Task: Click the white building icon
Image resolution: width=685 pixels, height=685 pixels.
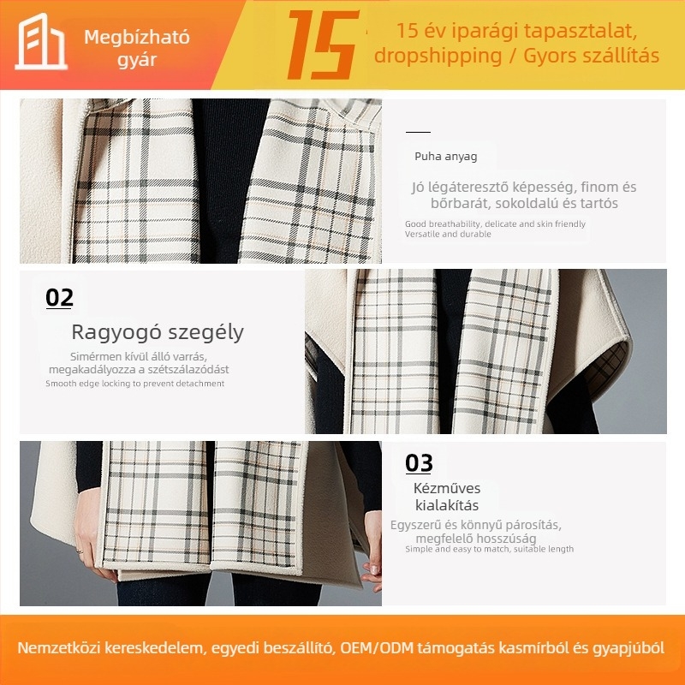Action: click(x=41, y=41)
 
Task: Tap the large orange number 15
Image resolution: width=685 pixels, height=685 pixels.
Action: click(x=323, y=45)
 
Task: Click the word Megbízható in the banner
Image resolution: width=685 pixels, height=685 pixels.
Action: click(x=137, y=38)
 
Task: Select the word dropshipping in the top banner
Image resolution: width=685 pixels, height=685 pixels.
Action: click(x=438, y=57)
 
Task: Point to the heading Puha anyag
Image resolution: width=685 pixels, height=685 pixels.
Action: click(x=445, y=157)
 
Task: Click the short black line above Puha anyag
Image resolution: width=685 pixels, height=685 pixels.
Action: click(x=418, y=132)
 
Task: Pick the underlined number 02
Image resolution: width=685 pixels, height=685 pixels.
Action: click(x=59, y=298)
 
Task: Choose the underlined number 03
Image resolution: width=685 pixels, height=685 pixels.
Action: click(x=419, y=463)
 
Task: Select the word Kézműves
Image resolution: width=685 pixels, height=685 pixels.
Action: click(x=447, y=488)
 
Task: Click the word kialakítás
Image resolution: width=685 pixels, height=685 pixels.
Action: click(x=446, y=505)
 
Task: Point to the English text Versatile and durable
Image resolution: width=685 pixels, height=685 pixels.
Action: click(x=448, y=234)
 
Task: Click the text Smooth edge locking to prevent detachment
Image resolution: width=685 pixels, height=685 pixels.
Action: click(x=134, y=384)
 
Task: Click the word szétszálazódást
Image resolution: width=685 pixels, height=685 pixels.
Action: click(x=188, y=370)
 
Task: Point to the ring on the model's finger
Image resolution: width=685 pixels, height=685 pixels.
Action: click(x=80, y=551)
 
